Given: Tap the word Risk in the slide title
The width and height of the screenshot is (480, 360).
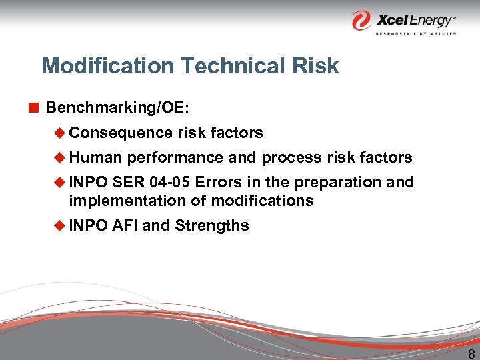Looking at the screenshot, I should point(318,66).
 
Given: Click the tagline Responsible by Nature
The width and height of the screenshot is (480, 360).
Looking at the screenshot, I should point(415,33).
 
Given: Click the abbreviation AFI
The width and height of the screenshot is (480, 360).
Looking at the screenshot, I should point(125,225).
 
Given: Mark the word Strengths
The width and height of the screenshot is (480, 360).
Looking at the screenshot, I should point(211,225).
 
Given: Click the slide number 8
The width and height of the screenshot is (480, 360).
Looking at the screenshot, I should point(471,353).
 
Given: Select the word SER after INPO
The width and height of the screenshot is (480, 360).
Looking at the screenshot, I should point(127,182).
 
